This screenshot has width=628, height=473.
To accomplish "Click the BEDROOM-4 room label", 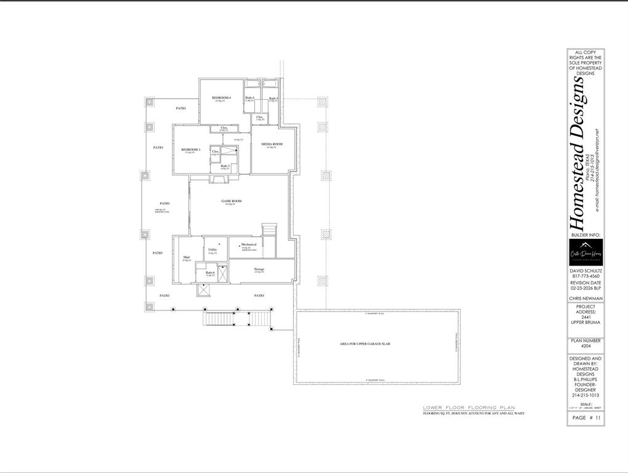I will pos(221,98).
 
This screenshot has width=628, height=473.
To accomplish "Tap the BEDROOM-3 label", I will pos(190,150).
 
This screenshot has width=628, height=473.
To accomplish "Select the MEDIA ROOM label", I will pos(272,144).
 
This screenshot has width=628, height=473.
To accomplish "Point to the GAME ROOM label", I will pos(231,201).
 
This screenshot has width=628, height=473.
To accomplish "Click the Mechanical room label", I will pos(249,245).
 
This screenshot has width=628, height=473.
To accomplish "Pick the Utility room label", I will pos(212,249).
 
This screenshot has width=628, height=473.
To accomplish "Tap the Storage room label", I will pos(259,269).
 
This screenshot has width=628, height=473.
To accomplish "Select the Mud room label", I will pos(186,257).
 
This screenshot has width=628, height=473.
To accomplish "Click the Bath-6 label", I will pos(210,272).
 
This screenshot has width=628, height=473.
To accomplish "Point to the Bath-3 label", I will pos(225,166).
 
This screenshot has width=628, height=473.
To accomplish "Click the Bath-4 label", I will pos(249,98).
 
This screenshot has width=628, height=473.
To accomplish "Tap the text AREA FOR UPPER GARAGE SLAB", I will pos(365,344).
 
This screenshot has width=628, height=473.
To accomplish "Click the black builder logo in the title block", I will pos(586,253).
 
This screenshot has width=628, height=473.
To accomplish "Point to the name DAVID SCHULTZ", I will pos(586,271).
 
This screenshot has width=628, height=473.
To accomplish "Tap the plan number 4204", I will pos(586,346).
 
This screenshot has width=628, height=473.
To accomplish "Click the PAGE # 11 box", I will pos(586,418).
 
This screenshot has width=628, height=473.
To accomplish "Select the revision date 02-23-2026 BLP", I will pos(586,288).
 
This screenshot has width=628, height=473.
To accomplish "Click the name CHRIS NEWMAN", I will pos(586,299).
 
